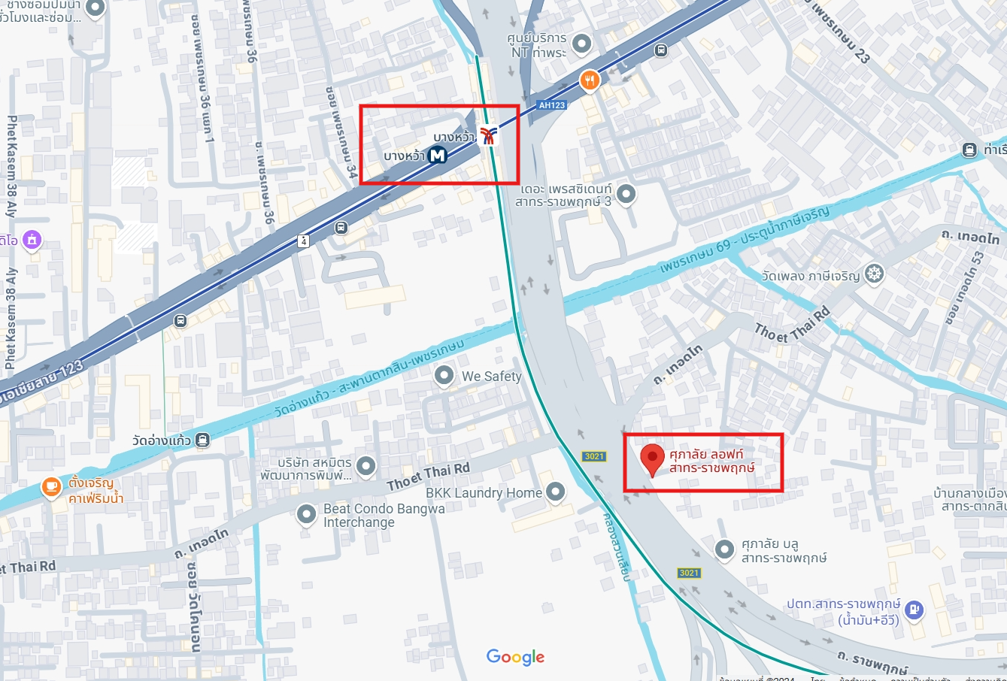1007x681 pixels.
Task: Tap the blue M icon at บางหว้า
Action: (x=437, y=156)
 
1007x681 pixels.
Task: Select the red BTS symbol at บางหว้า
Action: (x=489, y=135)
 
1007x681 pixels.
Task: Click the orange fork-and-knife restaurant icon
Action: (x=590, y=80)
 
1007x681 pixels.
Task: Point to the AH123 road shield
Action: (x=551, y=105)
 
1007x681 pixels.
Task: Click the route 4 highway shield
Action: (x=303, y=241)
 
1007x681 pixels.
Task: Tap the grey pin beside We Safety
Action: (x=444, y=375)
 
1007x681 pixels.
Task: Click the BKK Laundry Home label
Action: (x=484, y=493)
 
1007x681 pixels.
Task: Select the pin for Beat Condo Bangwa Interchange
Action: (x=306, y=514)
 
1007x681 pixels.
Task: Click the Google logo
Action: (x=515, y=657)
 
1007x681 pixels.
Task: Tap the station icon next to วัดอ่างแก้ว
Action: (x=202, y=440)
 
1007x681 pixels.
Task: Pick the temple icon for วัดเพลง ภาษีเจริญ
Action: (x=873, y=274)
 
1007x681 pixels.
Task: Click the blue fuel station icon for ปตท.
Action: (x=914, y=609)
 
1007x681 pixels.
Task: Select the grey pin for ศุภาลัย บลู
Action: (x=723, y=549)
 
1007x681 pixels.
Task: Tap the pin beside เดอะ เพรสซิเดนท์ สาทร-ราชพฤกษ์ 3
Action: (x=626, y=194)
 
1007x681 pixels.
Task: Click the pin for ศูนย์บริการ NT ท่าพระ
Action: (x=581, y=43)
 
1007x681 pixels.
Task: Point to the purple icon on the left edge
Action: (x=32, y=240)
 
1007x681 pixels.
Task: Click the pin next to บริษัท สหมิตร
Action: (x=365, y=466)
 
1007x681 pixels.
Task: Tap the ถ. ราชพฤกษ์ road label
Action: (x=872, y=661)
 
